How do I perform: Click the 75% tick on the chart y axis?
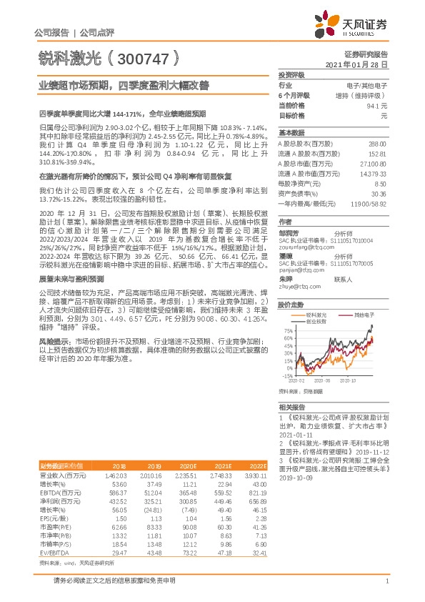coord(287,311)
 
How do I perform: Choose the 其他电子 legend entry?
coord(356,295)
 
